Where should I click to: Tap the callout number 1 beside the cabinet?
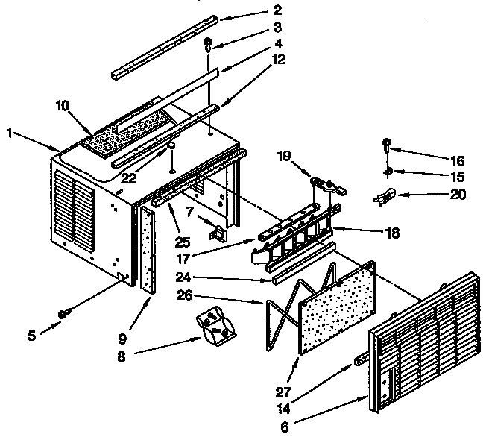(x=9, y=134)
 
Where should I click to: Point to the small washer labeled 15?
(x=388, y=173)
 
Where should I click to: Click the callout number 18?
(x=390, y=233)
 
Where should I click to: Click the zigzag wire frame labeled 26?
(x=283, y=313)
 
